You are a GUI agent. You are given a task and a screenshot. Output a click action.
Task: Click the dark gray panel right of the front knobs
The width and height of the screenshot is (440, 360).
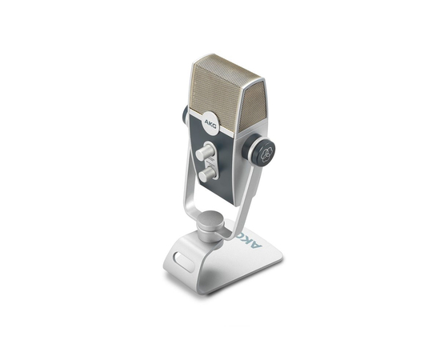click(232, 160)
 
